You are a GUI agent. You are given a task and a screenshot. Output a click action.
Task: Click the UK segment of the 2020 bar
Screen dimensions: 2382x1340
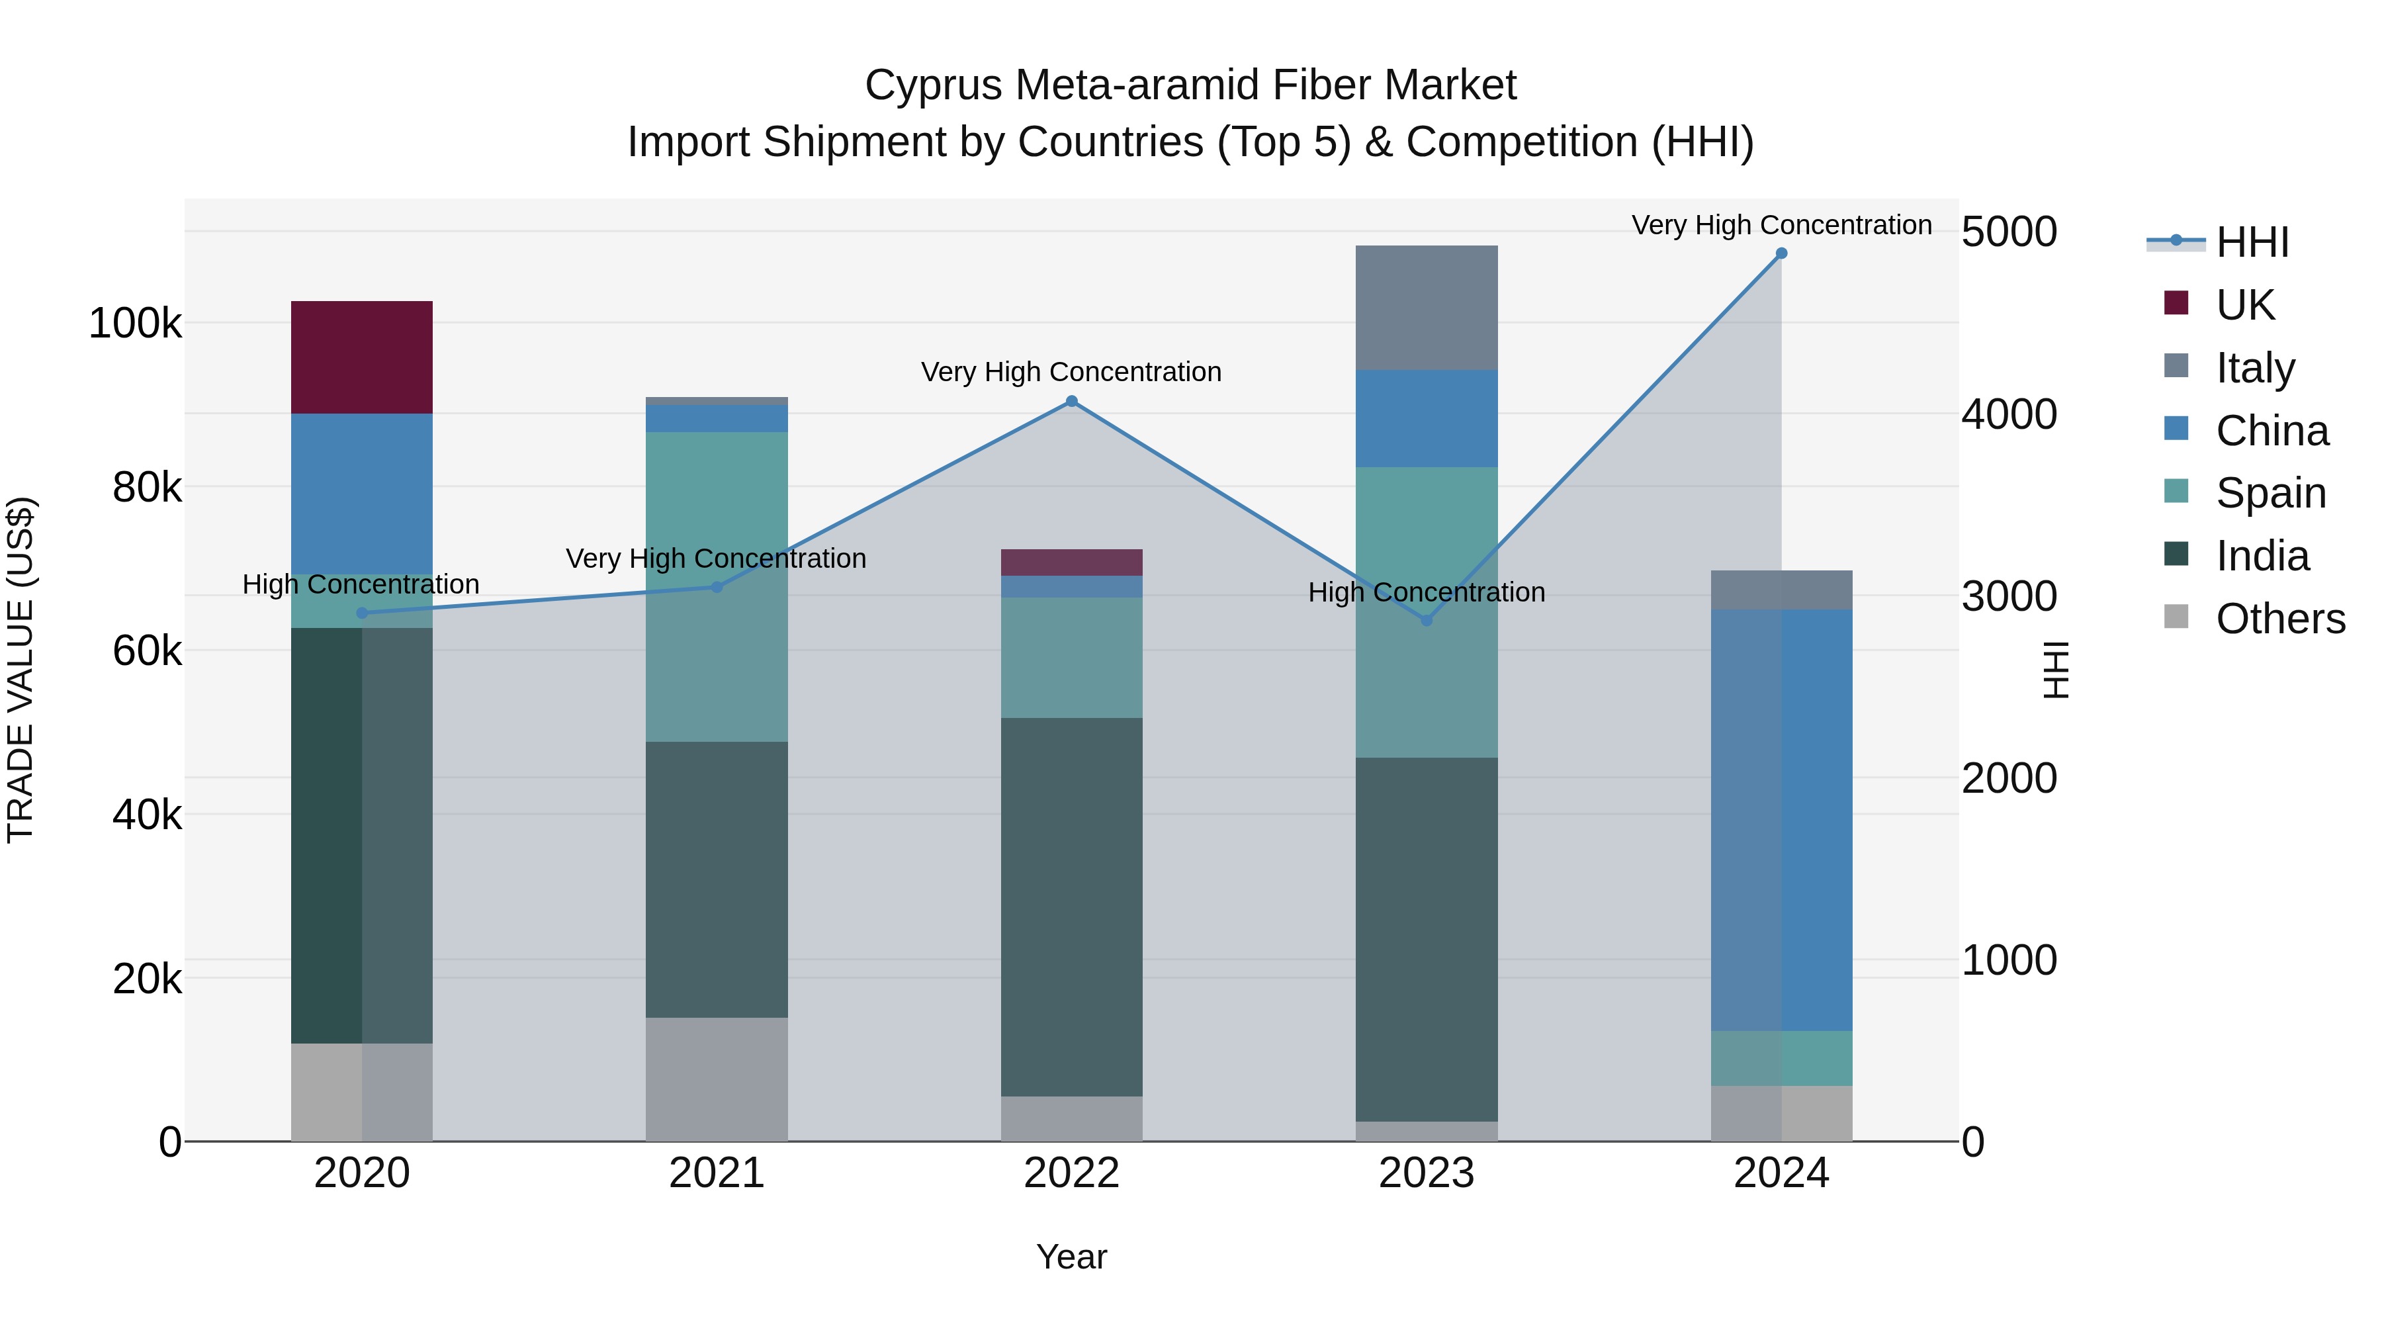point(361,357)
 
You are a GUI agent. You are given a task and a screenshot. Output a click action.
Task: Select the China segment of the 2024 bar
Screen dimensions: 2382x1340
point(1781,819)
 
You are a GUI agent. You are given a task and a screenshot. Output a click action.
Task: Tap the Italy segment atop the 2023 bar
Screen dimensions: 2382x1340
point(1426,307)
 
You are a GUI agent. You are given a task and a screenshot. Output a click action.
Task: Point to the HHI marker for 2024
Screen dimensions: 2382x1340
point(1781,253)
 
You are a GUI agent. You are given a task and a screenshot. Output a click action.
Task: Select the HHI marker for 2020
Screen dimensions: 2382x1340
point(361,613)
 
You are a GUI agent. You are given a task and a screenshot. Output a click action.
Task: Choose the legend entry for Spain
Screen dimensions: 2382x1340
point(2270,493)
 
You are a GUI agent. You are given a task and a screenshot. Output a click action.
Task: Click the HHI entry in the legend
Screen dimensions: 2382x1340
point(2251,242)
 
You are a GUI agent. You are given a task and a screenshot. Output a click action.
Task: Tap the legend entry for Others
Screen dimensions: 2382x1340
point(2279,619)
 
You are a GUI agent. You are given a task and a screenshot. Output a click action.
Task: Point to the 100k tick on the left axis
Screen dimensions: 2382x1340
point(135,324)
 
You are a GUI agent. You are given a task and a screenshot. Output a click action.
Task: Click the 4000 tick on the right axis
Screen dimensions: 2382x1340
point(2008,414)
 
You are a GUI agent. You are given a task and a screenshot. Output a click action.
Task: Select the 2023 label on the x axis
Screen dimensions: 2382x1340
point(1426,1173)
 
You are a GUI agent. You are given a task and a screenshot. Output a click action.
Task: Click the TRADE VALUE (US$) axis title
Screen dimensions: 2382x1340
point(21,670)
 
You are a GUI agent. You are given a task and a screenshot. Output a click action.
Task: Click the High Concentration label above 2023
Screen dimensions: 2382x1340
point(1426,592)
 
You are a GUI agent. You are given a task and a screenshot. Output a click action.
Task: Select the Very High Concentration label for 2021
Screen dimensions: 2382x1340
point(716,558)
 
